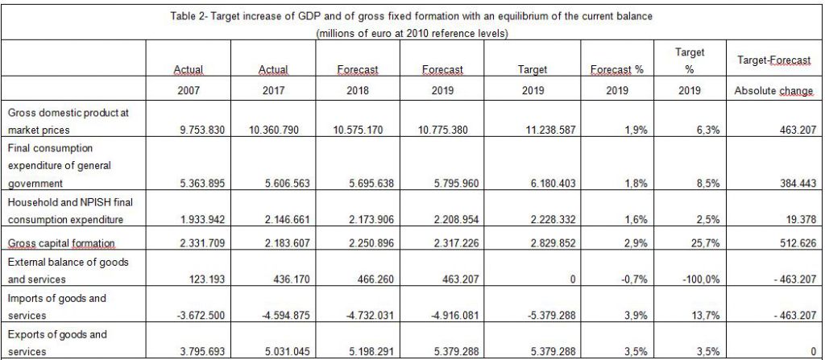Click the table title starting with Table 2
tap(411, 16)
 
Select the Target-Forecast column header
tap(774, 60)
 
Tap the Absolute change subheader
tap(774, 90)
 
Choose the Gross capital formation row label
tap(61, 243)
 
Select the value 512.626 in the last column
tap(798, 243)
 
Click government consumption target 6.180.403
tap(549, 184)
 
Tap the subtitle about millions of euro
tap(411, 34)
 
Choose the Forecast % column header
tap(616, 69)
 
